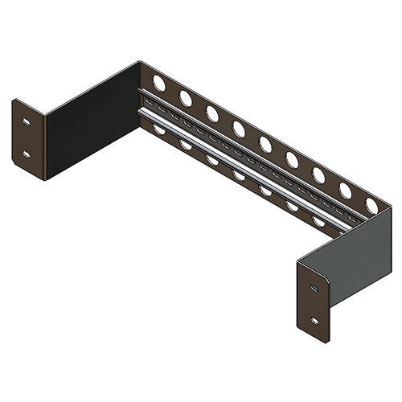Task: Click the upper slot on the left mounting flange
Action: point(27,122)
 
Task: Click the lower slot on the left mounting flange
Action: point(27,153)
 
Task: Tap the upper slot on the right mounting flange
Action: point(314,288)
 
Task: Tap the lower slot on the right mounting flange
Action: point(314,320)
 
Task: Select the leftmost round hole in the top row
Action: point(159,83)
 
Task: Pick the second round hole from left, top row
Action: point(186,98)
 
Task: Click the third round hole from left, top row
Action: point(212,113)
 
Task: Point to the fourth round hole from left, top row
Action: point(239,129)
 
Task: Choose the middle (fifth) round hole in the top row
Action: point(265,144)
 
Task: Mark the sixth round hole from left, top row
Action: point(292,159)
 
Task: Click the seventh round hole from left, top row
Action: point(318,175)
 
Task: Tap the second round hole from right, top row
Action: point(345,191)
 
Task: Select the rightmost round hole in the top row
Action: point(371,206)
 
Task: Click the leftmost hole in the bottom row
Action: point(159,129)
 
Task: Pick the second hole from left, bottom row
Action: point(186,145)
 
